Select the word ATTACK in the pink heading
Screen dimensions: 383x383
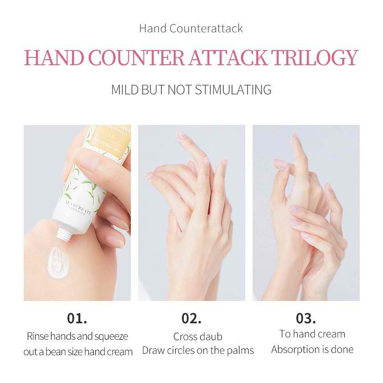tap(227, 58)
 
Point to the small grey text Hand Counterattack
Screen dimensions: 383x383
tap(191, 28)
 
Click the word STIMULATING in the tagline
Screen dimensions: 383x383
tap(233, 89)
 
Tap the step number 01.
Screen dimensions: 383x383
tap(77, 317)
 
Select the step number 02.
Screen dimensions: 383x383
tap(191, 317)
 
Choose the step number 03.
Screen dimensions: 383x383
tap(306, 317)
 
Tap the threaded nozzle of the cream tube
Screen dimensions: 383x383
tap(63, 234)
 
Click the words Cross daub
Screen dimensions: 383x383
tap(198, 337)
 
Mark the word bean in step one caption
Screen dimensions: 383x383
tap(63, 352)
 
